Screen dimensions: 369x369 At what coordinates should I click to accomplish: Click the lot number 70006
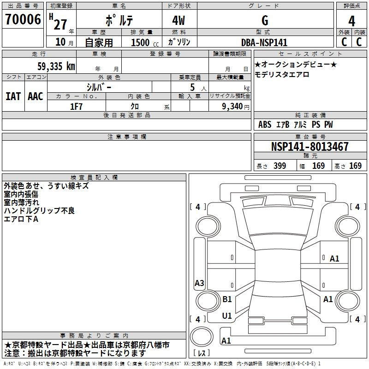pyautogui.click(x=23, y=19)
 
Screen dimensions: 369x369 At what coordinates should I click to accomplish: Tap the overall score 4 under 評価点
pyautogui.click(x=351, y=21)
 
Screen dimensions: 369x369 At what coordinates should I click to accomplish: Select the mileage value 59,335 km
pyautogui.click(x=56, y=66)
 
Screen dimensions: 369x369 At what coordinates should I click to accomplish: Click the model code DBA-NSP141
pyautogui.click(x=264, y=42)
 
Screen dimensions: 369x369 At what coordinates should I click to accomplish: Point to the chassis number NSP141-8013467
pyautogui.click(x=309, y=147)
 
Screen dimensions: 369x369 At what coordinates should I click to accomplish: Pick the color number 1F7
pyautogui.click(x=77, y=107)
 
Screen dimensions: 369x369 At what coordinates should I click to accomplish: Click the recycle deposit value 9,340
pyautogui.click(x=232, y=107)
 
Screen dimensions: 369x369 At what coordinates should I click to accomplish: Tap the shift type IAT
pyautogui.click(x=13, y=96)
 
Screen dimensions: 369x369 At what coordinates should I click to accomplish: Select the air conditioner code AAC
pyautogui.click(x=36, y=96)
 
